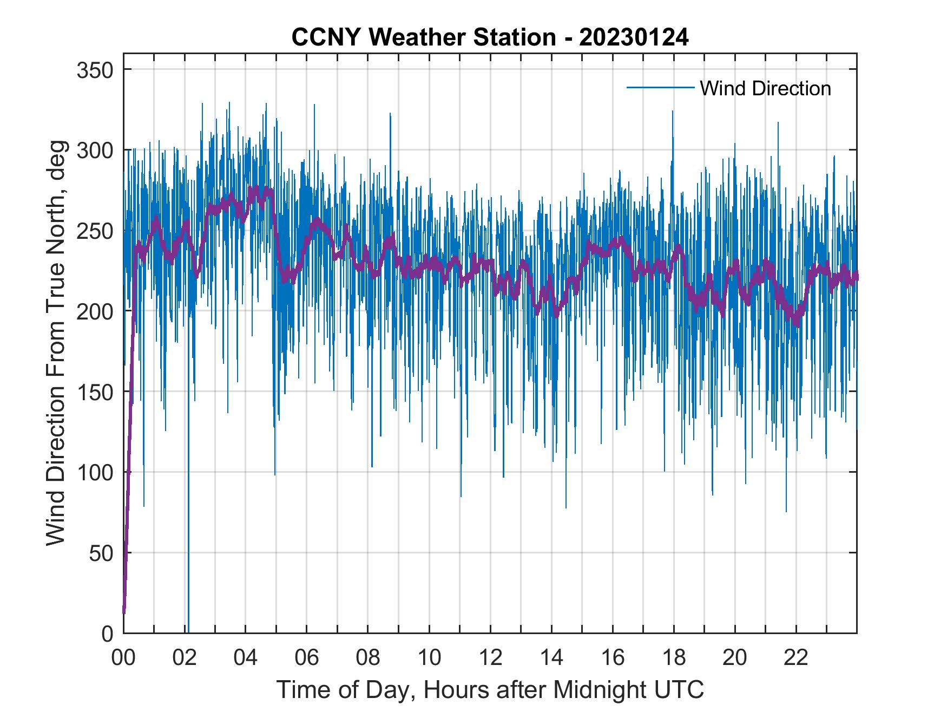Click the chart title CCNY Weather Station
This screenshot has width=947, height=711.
click(x=424, y=37)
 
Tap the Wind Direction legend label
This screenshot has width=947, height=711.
click(x=765, y=88)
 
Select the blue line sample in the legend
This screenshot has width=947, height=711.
click(x=660, y=87)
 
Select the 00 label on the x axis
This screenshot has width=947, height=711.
click(x=123, y=658)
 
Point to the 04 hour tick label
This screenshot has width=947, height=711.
click(x=246, y=658)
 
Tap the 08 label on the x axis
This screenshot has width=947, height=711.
click(x=368, y=658)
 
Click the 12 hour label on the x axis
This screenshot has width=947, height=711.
click(x=490, y=658)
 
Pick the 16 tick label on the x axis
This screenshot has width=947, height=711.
click(x=613, y=658)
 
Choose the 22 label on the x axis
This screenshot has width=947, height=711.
click(x=796, y=658)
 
